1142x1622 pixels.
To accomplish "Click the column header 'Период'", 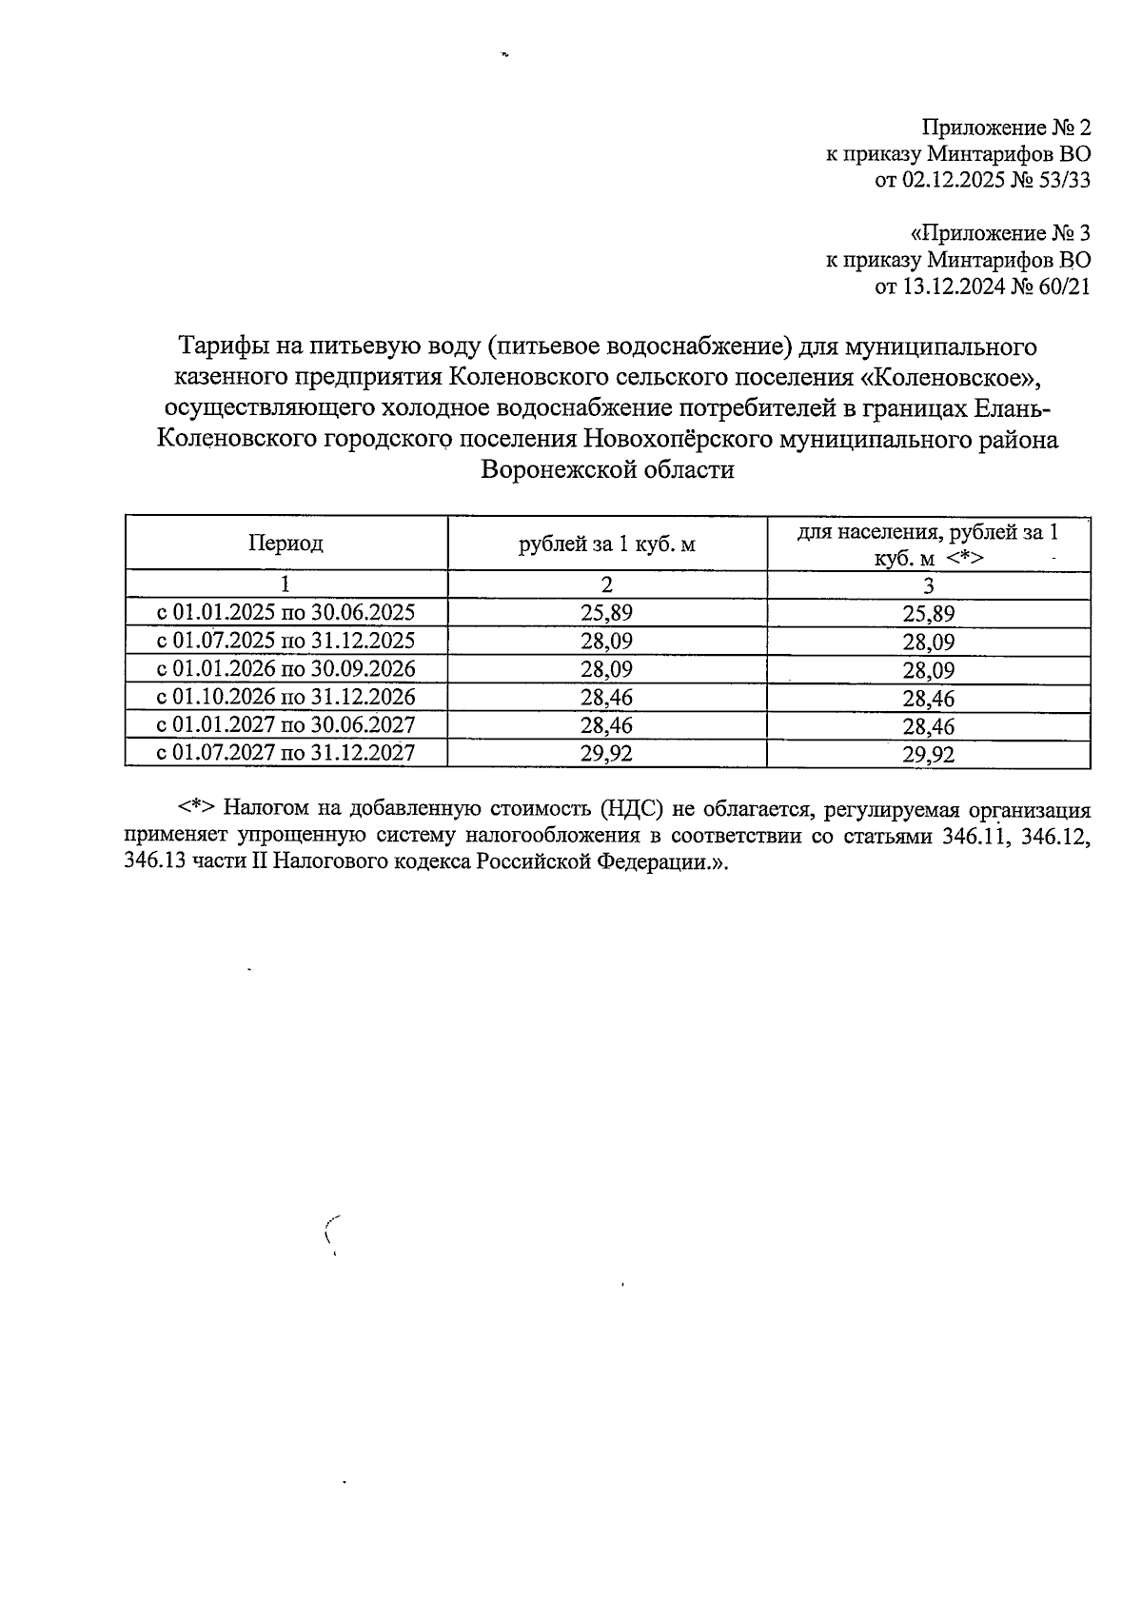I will [x=285, y=544].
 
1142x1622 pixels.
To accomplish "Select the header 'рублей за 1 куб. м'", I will [x=607, y=544].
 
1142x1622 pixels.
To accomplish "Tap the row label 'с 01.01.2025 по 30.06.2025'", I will [x=285, y=612].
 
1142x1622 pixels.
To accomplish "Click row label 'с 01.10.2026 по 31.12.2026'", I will [x=285, y=697].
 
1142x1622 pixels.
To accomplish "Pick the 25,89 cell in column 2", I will [x=607, y=613].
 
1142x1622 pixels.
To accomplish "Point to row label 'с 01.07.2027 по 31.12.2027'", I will [x=285, y=754].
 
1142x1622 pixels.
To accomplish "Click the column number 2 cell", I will [x=607, y=584].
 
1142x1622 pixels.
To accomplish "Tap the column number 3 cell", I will [x=929, y=584].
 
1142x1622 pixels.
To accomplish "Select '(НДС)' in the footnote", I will [x=632, y=810].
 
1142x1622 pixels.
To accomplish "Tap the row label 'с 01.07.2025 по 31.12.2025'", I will [x=285, y=640].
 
